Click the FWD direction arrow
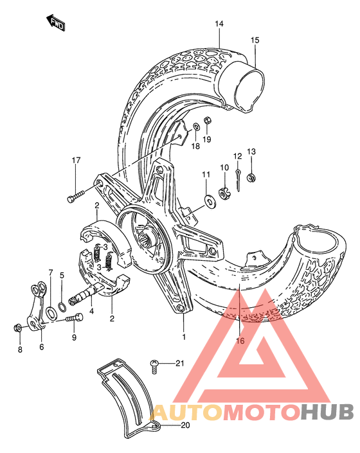(x=57, y=23)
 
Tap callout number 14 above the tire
(x=219, y=24)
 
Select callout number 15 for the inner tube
(x=255, y=40)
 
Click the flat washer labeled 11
(x=209, y=202)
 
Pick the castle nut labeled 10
(x=225, y=191)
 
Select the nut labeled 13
(x=252, y=175)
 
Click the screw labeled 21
(x=156, y=365)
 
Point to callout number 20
(x=186, y=425)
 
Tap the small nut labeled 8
(x=19, y=328)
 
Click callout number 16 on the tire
(x=241, y=340)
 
